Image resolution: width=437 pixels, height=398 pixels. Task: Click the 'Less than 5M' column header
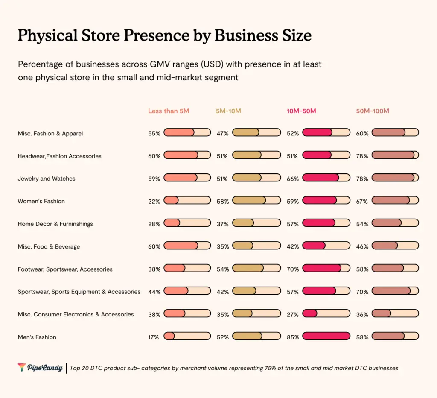pos(169,111)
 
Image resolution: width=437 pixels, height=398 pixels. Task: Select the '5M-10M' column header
pos(228,111)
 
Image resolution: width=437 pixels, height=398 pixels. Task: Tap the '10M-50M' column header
pos(301,111)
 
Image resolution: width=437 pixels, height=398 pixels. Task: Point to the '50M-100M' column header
pos(373,111)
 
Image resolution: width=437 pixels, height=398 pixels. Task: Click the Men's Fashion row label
pos(37,337)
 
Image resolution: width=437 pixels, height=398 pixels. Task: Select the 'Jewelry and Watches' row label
pos(47,179)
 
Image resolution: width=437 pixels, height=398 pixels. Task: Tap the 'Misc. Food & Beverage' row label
pos(49,246)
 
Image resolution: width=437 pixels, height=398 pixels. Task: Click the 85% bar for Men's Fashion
pos(326,337)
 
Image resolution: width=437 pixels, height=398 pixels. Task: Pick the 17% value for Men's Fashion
pos(154,337)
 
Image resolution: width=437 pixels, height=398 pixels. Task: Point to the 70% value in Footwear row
pos(293,269)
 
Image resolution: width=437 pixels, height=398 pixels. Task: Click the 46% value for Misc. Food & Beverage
pos(362,247)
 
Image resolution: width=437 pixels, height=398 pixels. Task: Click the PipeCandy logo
pos(40,367)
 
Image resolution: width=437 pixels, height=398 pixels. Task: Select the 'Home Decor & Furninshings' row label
pos(55,224)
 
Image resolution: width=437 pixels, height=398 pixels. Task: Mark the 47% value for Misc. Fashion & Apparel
pos(222,134)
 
